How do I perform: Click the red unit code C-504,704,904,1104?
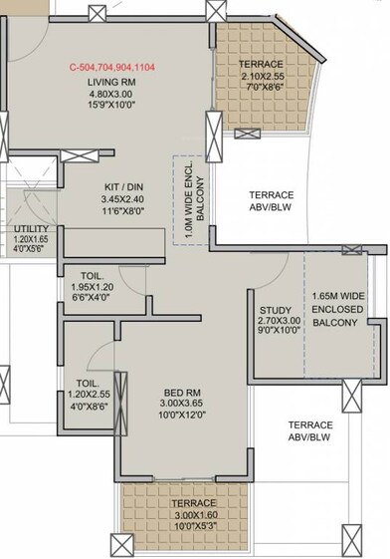coord(112,68)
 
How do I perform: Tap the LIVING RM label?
coord(111,84)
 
